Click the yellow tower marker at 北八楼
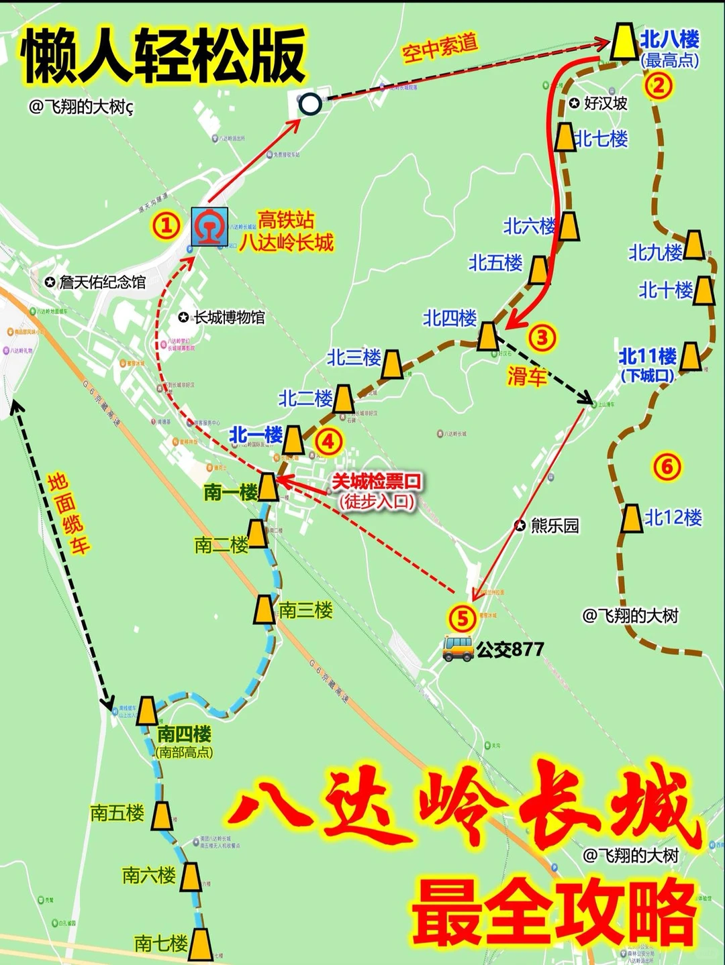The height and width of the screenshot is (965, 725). pos(624,42)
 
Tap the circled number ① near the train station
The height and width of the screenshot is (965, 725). pos(166,225)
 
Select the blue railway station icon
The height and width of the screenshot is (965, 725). pos(209,227)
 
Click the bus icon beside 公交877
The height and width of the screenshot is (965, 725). pos(458,649)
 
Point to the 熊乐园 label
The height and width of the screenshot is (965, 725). pos(554,526)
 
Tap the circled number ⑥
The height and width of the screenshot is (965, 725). pos(667,466)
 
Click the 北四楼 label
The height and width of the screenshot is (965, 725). pos(450,318)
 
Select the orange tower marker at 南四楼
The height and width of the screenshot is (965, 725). pos(147,711)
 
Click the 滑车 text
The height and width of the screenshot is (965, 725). pos(527,376)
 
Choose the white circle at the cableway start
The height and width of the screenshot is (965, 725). pos(310,104)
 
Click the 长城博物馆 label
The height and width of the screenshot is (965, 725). pos(229,317)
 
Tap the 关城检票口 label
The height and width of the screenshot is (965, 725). pos(377,481)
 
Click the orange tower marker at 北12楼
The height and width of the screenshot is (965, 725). pos(631,518)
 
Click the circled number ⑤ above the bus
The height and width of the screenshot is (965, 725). pos(463,618)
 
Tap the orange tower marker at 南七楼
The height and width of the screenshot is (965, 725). pos(200,944)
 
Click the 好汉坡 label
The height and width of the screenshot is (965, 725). pos(605,103)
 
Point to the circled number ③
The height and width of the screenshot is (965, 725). pos(542,337)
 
